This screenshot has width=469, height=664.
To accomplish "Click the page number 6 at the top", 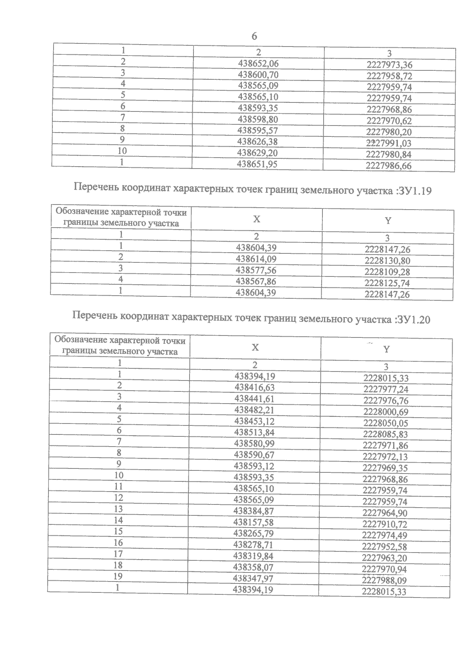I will click(254, 36).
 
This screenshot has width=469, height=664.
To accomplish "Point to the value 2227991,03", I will click(389, 143).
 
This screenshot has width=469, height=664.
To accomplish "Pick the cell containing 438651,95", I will click(257, 164).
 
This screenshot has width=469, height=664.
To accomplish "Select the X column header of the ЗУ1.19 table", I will click(256, 219).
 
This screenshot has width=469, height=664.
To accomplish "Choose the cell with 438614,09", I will click(256, 259).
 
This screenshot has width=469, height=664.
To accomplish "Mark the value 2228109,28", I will click(387, 272).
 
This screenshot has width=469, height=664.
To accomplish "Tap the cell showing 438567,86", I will click(256, 282).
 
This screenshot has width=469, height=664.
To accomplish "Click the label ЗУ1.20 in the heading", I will click(413, 319).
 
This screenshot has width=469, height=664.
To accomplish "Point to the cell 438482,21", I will click(254, 410).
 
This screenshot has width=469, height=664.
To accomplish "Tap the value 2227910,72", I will click(385, 524).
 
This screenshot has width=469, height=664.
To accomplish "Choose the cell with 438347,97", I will click(253, 578).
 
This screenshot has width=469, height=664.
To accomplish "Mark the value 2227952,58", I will click(385, 547).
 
